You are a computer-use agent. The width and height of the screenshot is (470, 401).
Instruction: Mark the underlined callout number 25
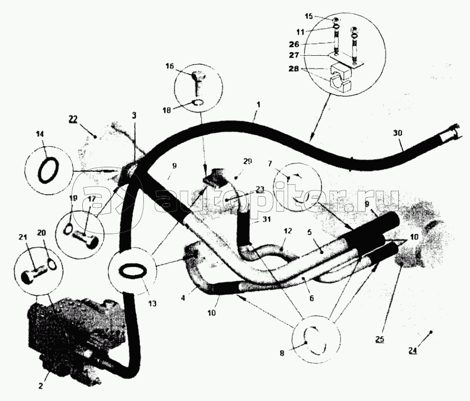point(380,340)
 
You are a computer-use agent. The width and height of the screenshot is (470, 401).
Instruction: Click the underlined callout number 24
point(412,351)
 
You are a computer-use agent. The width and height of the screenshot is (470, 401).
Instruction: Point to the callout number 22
point(73,119)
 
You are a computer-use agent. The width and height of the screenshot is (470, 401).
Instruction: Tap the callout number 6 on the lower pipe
point(311,298)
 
